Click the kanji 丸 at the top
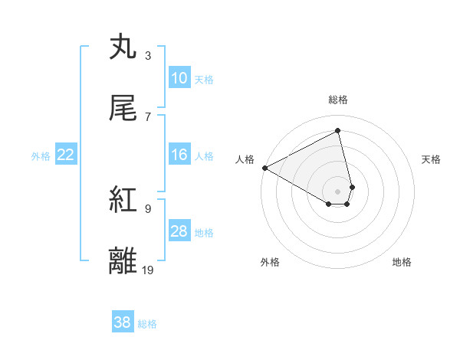point(123,48)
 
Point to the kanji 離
point(123,261)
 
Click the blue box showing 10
point(179,78)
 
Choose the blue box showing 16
point(179,155)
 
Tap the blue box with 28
point(179,232)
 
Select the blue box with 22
point(66,155)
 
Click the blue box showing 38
point(123,322)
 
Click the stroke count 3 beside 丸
point(148,56)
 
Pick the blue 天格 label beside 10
point(204,79)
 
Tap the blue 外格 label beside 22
point(41,156)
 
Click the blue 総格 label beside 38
point(147,323)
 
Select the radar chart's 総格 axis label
point(338,100)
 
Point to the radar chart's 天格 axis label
point(432,159)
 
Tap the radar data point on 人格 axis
point(264,168)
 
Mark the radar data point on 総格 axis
point(338,131)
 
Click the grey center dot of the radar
point(338,190)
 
